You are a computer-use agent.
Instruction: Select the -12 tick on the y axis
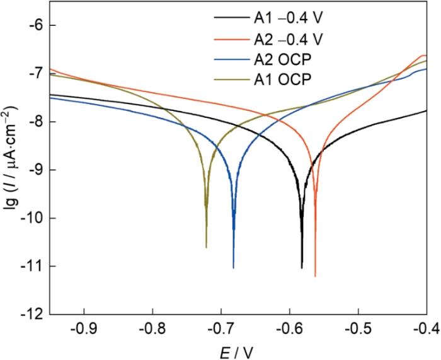[33, 314]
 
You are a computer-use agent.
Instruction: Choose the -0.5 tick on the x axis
[358, 328]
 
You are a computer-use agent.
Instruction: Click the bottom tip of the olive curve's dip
[206, 248]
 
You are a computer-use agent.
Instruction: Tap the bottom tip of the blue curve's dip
[234, 268]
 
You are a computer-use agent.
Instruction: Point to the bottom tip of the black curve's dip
[302, 268]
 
